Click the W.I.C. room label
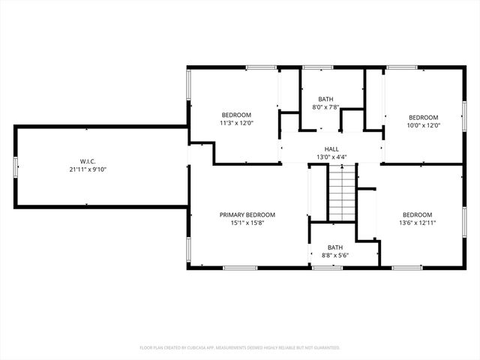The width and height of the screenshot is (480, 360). click(88, 161)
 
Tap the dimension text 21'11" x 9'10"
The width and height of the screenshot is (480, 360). click(88, 169)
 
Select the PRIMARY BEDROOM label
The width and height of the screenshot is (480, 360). click(247, 214)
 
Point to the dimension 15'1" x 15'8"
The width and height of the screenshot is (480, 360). click(247, 223)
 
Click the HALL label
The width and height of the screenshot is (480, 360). click(331, 148)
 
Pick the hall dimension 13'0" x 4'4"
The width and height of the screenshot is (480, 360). click(331, 157)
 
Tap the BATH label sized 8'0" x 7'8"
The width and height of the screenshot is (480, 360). click(325, 99)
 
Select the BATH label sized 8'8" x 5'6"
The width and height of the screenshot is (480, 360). click(334, 247)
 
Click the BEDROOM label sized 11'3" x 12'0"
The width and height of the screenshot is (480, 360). click(236, 115)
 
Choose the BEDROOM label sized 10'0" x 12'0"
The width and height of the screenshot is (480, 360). click(423, 117)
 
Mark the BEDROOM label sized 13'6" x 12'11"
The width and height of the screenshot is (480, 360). click(417, 214)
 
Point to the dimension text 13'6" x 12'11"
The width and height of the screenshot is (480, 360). click(417, 223)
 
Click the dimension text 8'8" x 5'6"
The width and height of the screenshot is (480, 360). click(334, 255)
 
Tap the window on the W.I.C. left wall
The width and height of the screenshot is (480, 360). click(15, 167)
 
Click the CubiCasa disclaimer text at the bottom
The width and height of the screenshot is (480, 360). click(240, 348)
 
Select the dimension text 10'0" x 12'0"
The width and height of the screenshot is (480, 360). click(423, 125)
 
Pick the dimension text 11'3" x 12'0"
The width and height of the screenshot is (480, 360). click(236, 123)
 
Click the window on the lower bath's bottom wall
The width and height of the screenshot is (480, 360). click(322, 268)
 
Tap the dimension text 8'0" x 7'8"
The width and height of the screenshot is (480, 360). click(325, 107)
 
